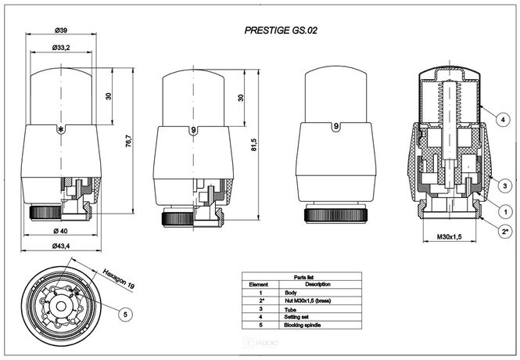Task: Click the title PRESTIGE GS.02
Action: [281, 31]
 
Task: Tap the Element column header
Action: [258, 283]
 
